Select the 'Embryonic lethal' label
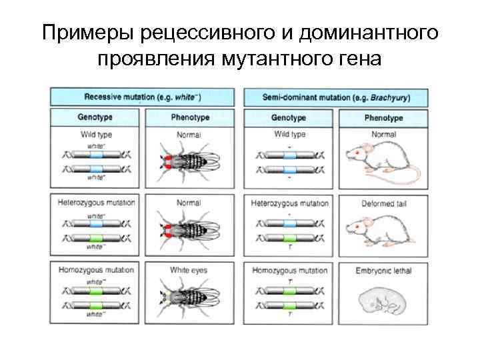pos(383,271)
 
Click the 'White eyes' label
pos(189,270)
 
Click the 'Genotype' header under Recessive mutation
pos(95,117)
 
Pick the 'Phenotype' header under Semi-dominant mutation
pos(383,118)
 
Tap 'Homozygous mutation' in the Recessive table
pos(96,270)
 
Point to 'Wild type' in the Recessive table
pos(95,135)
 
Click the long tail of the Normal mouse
pos(407,177)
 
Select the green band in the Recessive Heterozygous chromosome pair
pos(96,237)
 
